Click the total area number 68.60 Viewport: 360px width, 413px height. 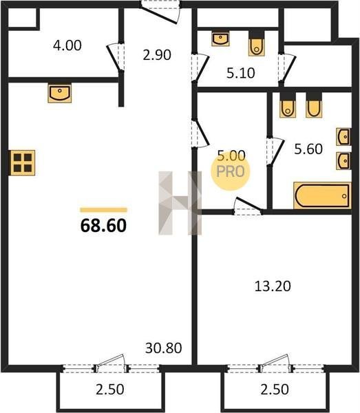(103, 226)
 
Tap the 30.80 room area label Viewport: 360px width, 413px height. (163, 348)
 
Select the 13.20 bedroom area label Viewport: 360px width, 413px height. (273, 286)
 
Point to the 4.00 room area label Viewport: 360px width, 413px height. (67, 45)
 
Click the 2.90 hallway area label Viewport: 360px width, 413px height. (157, 55)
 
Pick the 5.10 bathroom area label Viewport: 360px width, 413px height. (241, 73)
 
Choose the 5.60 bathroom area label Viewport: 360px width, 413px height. (308, 149)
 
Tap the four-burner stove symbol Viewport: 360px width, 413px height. (23, 162)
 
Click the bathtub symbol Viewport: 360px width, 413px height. (322, 195)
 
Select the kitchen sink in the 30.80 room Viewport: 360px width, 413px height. (60, 92)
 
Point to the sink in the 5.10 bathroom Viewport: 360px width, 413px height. (220, 39)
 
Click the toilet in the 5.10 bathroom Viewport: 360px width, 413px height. (256, 43)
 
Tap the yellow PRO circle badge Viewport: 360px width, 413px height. (231, 171)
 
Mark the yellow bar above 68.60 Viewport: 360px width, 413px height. (103, 210)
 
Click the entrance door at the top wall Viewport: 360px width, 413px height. (160, 12)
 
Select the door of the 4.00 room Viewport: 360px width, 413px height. (115, 58)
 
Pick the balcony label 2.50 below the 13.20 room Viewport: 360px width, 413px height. (275, 390)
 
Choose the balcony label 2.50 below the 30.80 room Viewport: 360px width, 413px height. (110, 390)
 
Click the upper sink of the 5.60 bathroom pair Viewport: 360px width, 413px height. (343, 137)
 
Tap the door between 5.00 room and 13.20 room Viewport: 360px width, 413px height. (248, 206)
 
